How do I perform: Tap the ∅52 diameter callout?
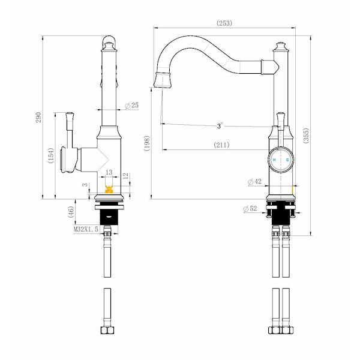tap(250, 209)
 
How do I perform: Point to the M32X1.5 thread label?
tap(86, 229)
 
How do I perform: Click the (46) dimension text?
tap(71, 211)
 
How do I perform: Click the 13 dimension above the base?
tap(109, 172)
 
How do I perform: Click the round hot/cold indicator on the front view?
tap(280, 160)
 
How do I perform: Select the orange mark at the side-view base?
tap(109, 190)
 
